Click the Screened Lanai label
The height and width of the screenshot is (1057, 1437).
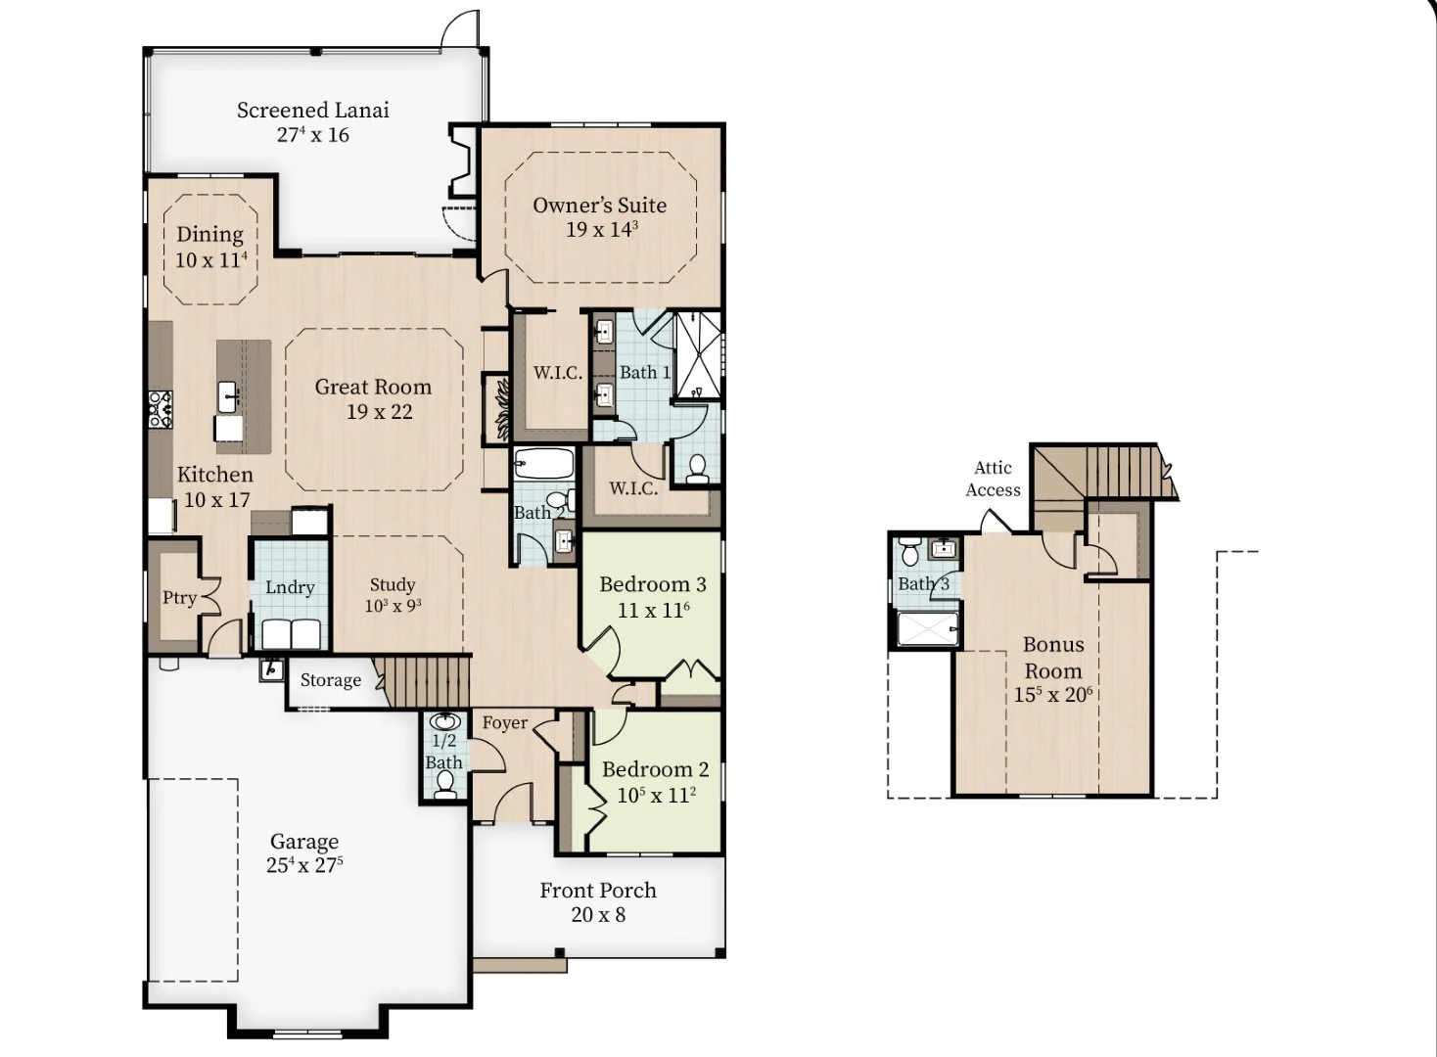tap(313, 111)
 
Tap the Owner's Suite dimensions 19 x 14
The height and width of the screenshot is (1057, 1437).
tap(602, 229)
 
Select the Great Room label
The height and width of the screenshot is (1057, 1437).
tap(373, 387)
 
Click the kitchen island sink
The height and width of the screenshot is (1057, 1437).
tap(228, 397)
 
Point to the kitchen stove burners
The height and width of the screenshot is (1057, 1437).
tap(160, 409)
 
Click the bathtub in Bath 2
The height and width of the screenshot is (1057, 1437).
tap(544, 464)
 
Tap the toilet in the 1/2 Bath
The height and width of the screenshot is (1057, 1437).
tap(444, 784)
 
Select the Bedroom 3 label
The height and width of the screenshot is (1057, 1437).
tap(653, 584)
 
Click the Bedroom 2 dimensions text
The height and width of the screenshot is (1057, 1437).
tap(656, 796)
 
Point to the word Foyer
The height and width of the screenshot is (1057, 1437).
tap(505, 723)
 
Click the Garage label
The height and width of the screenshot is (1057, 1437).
tap(304, 841)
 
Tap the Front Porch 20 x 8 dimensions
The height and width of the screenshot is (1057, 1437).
tap(598, 915)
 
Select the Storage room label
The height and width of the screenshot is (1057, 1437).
tap(331, 680)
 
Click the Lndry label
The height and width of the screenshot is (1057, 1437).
tap(290, 587)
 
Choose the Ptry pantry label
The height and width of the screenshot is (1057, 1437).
tap(179, 598)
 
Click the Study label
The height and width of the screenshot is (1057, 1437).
tap(393, 585)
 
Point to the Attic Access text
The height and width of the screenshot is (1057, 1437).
tap(993, 479)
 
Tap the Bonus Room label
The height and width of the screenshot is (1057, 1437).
tap(1053, 658)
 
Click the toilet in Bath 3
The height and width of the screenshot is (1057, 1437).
tap(909, 551)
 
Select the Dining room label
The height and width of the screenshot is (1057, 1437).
tap(209, 235)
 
